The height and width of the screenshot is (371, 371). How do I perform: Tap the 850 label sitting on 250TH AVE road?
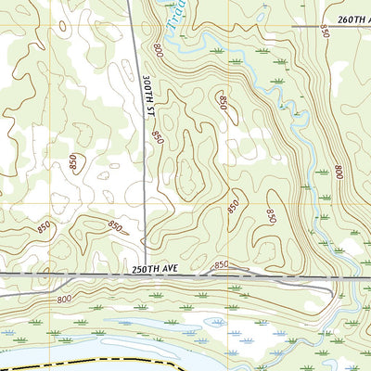[x=221, y=265]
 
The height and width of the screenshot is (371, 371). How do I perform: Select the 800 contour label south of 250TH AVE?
[x=64, y=299]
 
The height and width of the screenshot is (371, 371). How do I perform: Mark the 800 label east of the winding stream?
[x=338, y=173]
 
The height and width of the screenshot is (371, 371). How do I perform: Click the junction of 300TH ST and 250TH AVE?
[x=146, y=275]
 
